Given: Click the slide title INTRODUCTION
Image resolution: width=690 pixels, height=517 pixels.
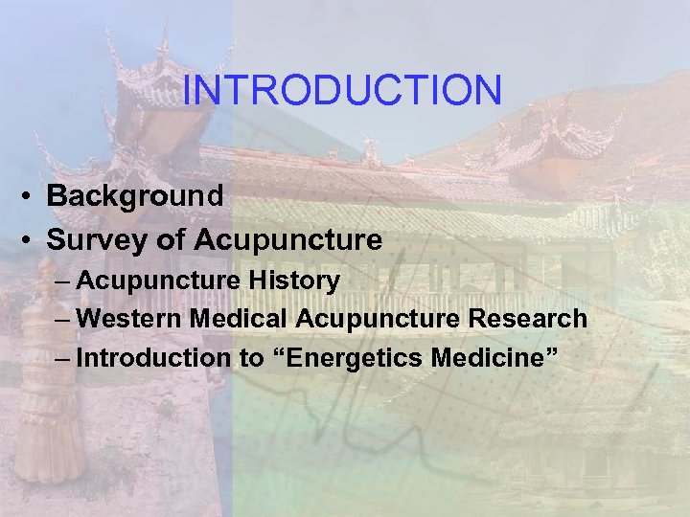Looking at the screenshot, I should [342, 91].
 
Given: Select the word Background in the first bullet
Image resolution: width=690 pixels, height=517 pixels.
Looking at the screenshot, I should [135, 196].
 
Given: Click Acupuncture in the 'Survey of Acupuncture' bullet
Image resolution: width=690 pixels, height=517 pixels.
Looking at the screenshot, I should [287, 239].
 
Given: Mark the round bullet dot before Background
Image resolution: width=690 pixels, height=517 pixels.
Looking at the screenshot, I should [32, 197].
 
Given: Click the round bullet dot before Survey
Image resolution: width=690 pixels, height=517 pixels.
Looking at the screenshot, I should [32, 240].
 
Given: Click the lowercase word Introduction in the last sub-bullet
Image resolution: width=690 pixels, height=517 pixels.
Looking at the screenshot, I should [153, 358].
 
